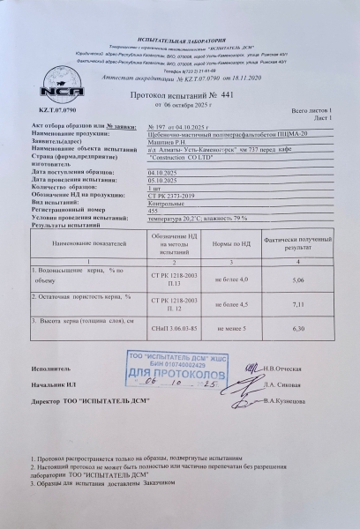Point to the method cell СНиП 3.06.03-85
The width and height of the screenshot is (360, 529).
pos(174,329)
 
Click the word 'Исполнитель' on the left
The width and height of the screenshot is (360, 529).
pos(48,366)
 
